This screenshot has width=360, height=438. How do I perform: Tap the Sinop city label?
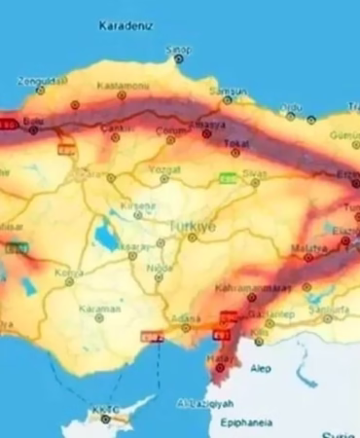pos(178,48)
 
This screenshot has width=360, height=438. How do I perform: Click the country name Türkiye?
pos(192,225)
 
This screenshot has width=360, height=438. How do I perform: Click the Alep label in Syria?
pos(259,370)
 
